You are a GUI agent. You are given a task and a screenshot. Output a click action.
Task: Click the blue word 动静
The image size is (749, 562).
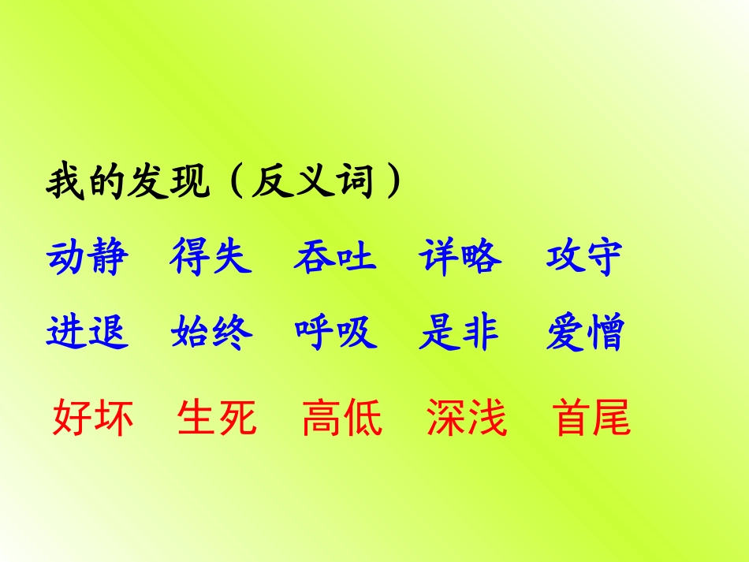tap(88, 257)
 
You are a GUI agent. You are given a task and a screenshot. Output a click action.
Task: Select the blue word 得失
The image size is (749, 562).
tap(211, 257)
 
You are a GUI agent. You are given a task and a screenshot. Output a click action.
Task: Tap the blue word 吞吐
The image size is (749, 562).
tap(335, 257)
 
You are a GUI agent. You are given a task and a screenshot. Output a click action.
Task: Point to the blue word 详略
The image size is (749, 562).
tap(460, 257)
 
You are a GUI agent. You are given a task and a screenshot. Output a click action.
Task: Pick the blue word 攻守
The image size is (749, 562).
tap(584, 257)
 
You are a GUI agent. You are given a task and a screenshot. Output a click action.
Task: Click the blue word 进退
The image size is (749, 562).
tap(88, 332)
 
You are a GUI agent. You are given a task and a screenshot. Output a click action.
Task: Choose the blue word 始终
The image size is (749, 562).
tap(211, 332)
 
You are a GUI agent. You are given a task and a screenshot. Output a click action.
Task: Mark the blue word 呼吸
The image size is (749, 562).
tap(336, 332)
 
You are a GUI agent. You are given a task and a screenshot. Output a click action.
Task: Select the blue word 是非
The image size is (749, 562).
tap(460, 332)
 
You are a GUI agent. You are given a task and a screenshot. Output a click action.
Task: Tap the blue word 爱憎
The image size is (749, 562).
tap(584, 332)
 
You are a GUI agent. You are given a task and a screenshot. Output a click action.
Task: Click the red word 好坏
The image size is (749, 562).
tap(93, 418)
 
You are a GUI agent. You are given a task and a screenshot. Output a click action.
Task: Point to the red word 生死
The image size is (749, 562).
tap(218, 418)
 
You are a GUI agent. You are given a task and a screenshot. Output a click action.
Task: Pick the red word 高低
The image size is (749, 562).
tap(342, 418)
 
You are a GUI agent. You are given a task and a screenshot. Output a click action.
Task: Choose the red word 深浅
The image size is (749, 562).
tap(467, 418)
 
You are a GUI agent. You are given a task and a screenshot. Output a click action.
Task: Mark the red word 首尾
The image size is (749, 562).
tap(592, 418)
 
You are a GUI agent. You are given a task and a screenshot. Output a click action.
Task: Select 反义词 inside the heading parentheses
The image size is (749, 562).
tap(311, 184)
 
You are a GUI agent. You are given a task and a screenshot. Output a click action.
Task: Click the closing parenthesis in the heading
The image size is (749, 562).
tap(389, 184)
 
